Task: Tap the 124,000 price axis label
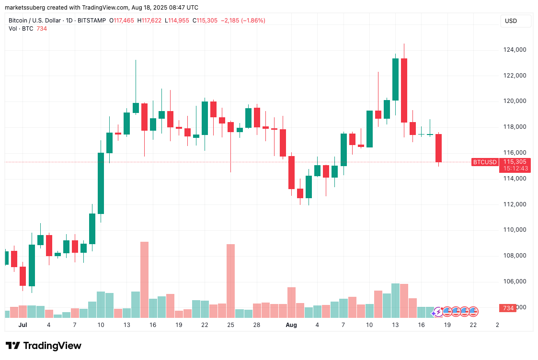[514, 50]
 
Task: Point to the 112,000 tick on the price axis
[514, 204]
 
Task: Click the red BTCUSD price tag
[485, 162]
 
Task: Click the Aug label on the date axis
[291, 325]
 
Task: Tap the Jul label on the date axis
[23, 325]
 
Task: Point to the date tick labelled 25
[230, 325]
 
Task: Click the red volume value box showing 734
[508, 308]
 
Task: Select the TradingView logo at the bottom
[43, 346]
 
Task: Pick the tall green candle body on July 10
[101, 183]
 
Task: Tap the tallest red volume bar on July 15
[144, 280]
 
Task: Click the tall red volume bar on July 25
[230, 281]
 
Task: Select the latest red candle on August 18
[438, 148]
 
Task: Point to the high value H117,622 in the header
[149, 21]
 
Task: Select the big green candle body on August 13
[395, 79]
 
